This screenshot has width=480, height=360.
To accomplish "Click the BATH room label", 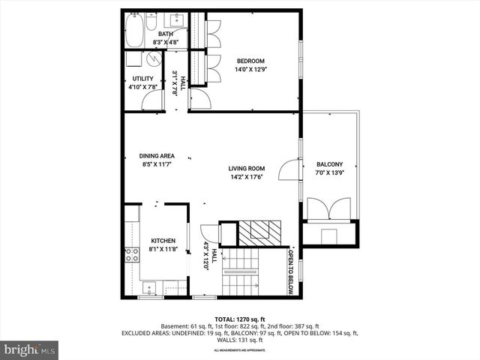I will coord(166,34).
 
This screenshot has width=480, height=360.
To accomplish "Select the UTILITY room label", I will coord(142,79).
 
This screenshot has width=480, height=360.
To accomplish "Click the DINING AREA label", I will coord(157,156).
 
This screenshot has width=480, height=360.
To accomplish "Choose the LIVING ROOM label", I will coord(247,169).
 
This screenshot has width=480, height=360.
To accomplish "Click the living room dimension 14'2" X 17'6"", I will coord(247,178).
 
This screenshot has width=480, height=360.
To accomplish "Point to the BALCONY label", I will coord(330,164).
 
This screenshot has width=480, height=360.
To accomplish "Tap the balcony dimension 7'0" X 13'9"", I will coord(330,172).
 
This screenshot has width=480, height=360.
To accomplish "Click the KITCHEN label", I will coord(163,241).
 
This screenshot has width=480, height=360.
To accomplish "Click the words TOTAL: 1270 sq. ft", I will coord(240,319).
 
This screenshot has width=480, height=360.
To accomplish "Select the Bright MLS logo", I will coord(30,349).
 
